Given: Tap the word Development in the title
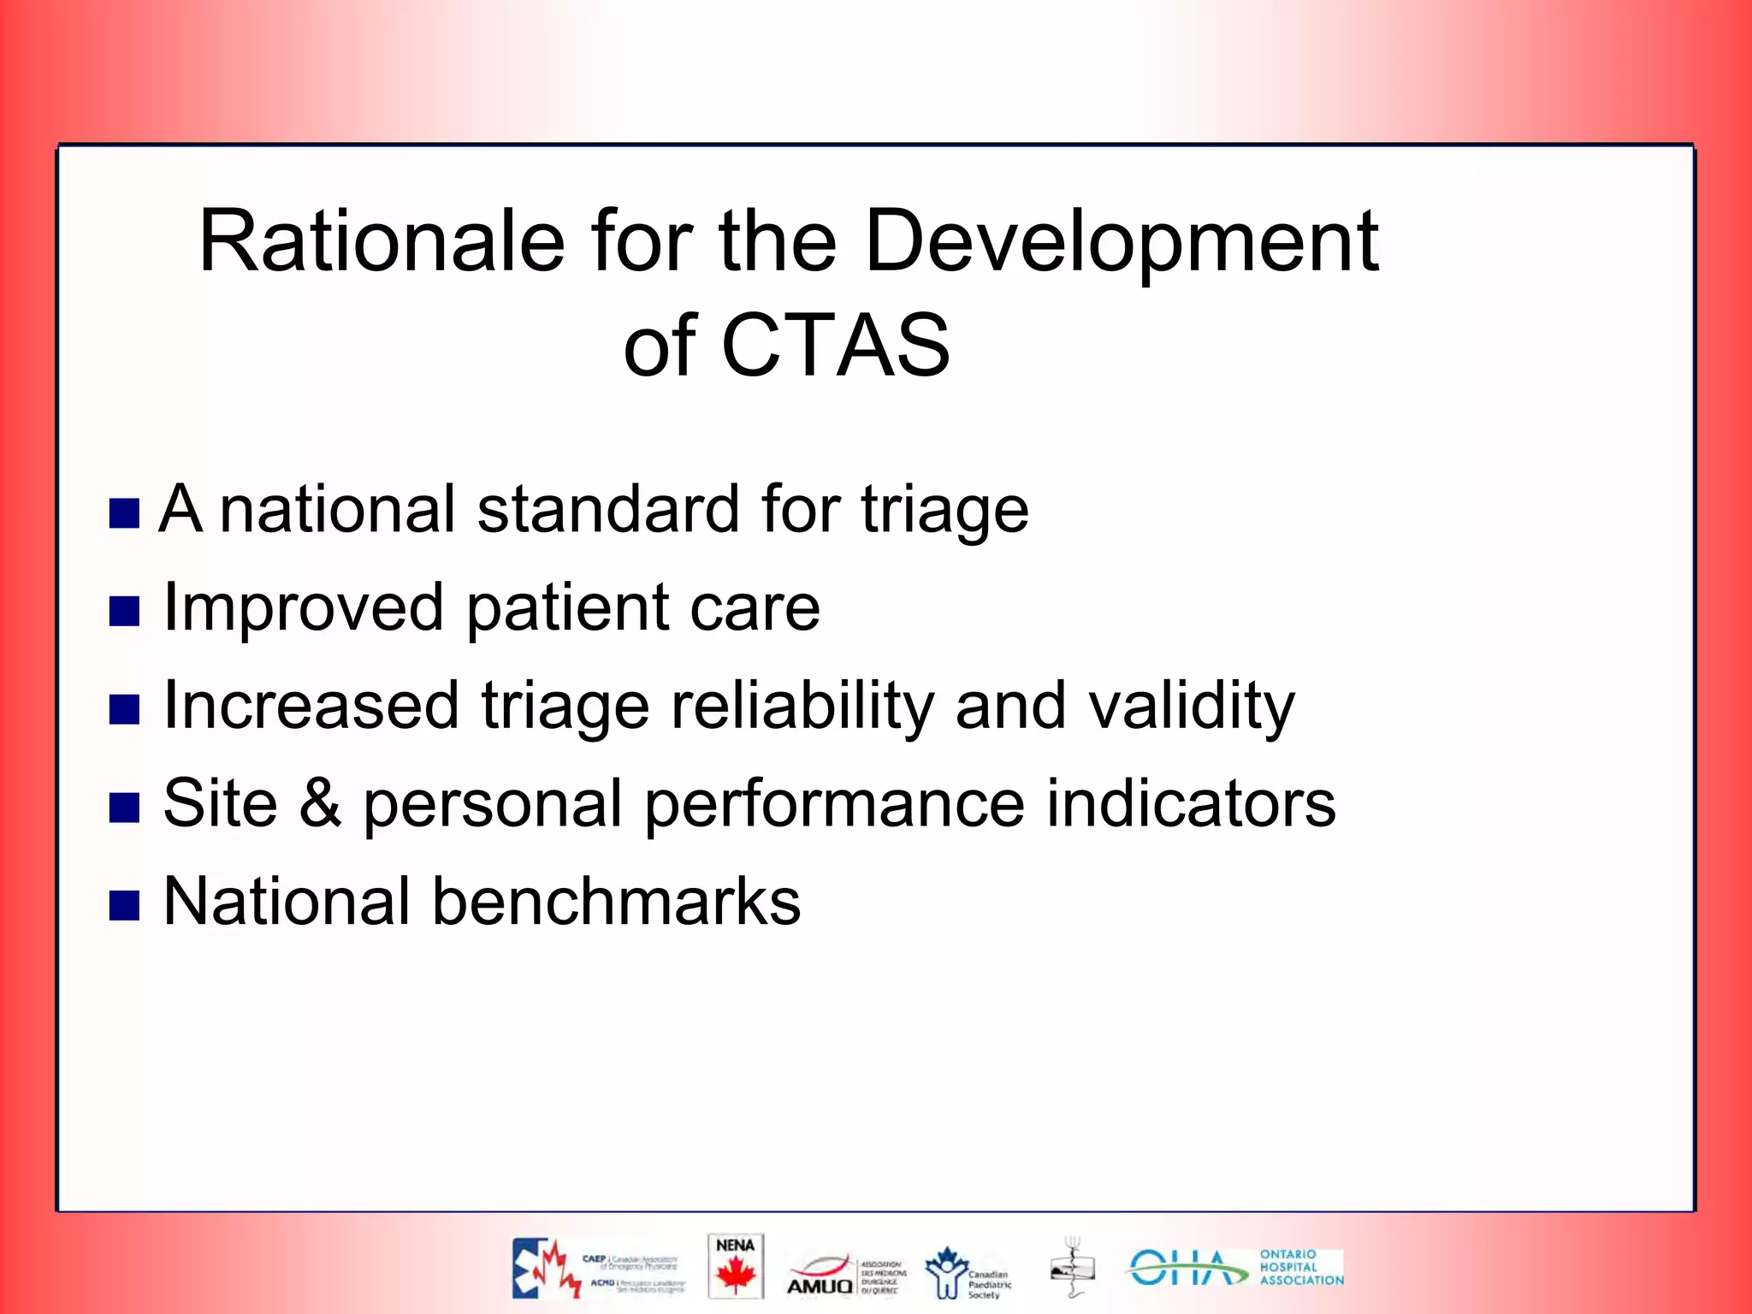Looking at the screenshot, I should tap(1121, 244).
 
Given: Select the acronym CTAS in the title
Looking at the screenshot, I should tap(835, 346).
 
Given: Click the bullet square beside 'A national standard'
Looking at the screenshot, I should tap(124, 513).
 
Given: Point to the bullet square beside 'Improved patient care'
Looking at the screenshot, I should tap(124, 611).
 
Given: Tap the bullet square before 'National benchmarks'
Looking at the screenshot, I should tap(124, 905).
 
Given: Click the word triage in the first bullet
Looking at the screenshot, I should tap(944, 511).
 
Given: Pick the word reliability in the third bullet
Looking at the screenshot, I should tap(801, 707).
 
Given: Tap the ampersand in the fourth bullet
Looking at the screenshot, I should tap(320, 803).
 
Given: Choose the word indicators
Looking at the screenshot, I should tap(1190, 803).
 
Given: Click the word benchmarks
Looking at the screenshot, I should tap(616, 902).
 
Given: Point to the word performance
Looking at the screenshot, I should tap(834, 805).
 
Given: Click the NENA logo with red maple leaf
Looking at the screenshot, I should tap(735, 1266).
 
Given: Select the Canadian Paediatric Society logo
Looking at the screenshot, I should tap(967, 1273).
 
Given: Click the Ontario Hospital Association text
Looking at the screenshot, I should tap(1300, 1267).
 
